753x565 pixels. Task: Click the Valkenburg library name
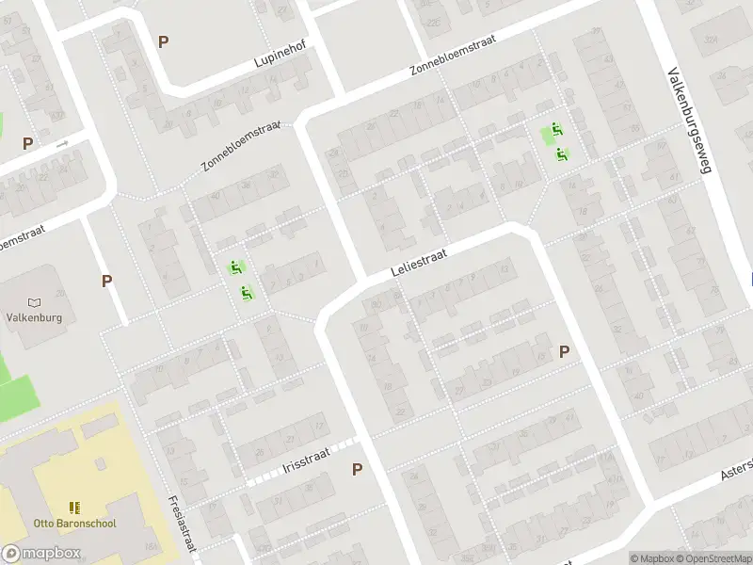coord(34,317)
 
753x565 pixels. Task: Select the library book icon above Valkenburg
coord(35,302)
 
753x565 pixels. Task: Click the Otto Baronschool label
coord(74,523)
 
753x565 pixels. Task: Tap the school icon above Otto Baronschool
coord(74,508)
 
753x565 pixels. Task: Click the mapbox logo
coord(41,554)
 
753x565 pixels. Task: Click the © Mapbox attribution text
coord(652,558)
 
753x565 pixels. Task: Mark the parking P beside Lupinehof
coord(164,41)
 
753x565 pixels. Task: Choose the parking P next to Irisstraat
coord(357,469)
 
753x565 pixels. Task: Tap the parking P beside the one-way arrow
coord(28,144)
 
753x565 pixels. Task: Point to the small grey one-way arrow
coord(62,144)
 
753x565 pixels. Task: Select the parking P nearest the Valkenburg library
coord(107,281)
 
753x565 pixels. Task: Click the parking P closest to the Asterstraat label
coord(564,352)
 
